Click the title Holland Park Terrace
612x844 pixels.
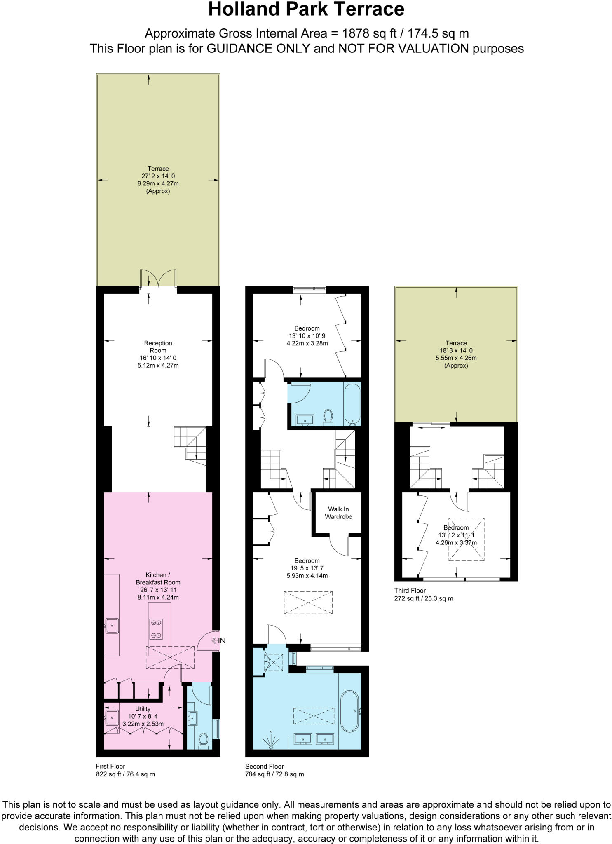coord(306,9)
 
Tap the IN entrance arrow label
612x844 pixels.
coord(219,640)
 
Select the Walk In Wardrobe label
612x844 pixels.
coord(338,513)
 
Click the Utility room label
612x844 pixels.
coord(143,709)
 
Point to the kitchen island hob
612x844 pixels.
coord(156,629)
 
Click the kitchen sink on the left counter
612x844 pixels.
coord(111,626)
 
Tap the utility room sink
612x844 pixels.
coord(111,717)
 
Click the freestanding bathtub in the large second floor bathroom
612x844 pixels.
coord(350,711)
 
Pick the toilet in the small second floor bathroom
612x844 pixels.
coord(328,416)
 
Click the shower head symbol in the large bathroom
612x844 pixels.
coord(271,740)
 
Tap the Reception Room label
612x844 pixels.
coord(158,347)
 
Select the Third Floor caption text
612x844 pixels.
coord(410,591)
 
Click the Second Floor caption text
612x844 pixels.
coord(265,767)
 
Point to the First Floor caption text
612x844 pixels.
coord(110,767)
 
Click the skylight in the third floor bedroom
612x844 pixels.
coord(467,539)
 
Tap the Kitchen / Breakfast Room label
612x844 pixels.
coord(158,579)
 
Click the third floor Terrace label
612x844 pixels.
coord(456,343)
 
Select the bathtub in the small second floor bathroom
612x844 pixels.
coord(352,404)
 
